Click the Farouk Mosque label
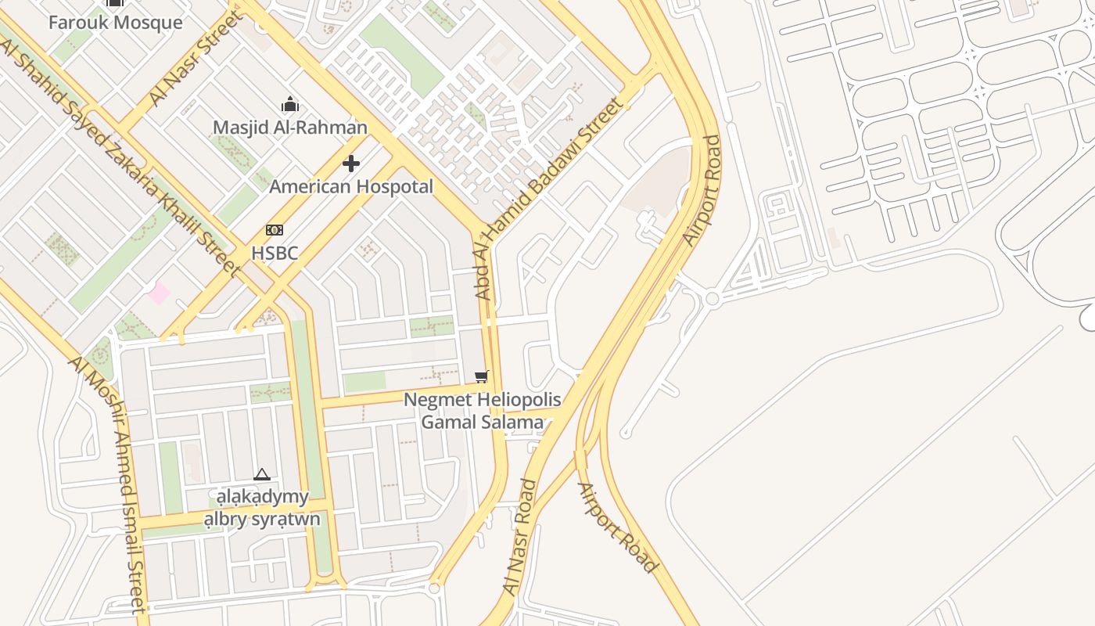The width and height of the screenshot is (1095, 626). pyautogui.click(x=115, y=22)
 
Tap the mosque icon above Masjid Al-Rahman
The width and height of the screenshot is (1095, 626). pyautogui.click(x=290, y=104)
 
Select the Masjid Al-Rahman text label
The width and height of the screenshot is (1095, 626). pyautogui.click(x=290, y=127)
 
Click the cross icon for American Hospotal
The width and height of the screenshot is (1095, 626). pyautogui.click(x=351, y=164)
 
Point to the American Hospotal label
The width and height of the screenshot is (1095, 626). pyautogui.click(x=351, y=187)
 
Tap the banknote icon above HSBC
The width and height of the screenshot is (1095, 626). pyautogui.click(x=274, y=230)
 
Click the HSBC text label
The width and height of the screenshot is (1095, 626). pyautogui.click(x=274, y=253)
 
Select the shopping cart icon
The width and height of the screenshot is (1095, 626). pyautogui.click(x=482, y=377)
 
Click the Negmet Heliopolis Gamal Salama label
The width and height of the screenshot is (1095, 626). pyautogui.click(x=482, y=411)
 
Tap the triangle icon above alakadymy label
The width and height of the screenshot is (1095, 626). pyautogui.click(x=262, y=474)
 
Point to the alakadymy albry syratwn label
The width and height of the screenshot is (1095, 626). pyautogui.click(x=262, y=508)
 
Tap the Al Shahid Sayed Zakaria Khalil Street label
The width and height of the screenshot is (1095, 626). pyautogui.click(x=121, y=156)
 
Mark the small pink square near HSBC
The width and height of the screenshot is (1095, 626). pyautogui.click(x=159, y=293)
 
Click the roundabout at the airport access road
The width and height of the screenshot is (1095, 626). pyautogui.click(x=712, y=299)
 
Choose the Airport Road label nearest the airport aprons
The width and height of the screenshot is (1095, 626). pyautogui.click(x=702, y=190)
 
